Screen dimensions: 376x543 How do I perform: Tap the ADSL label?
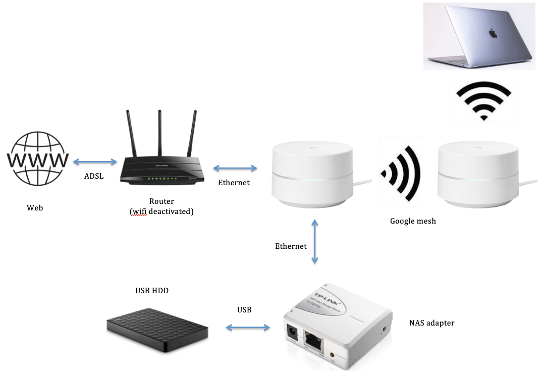[x=94, y=177]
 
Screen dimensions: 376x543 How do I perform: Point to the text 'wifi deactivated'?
[x=161, y=211]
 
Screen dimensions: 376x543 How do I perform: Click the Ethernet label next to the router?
[x=234, y=183]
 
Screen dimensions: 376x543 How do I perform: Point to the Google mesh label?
[x=413, y=221]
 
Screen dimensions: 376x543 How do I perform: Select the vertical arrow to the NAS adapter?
[x=315, y=242]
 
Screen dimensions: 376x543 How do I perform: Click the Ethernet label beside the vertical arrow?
[x=291, y=246]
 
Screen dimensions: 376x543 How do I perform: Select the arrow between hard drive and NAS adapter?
[x=247, y=328]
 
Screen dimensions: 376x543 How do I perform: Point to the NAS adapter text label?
[x=431, y=323]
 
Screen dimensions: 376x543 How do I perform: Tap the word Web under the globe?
[x=35, y=207]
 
